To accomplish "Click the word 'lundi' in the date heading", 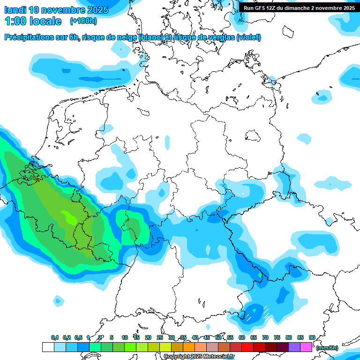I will coord(15,10).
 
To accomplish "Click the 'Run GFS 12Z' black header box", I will coord(299,7).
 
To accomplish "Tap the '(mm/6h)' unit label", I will coord(327,348).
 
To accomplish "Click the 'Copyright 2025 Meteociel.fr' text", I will coord(199,357).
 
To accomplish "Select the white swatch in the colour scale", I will coord(48,347).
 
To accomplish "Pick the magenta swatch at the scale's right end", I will coord(306,347).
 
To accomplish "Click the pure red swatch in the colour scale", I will coord(247,347).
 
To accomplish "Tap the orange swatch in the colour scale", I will coord(188,347).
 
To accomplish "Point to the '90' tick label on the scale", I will coord(312,337).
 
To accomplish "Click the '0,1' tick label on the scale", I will coord(54,337).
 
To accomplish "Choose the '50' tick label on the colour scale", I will coord(218,337).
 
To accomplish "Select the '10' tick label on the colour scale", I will coord(125,337).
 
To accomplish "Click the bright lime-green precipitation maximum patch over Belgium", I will coord(69,217).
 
